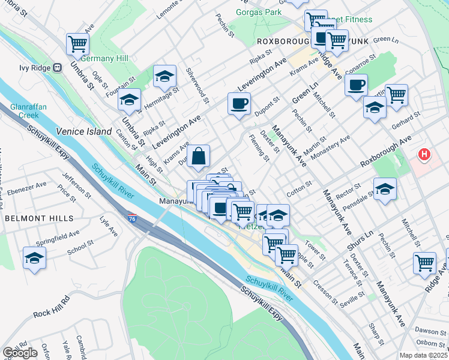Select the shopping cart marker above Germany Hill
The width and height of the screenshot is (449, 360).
(x=77, y=43)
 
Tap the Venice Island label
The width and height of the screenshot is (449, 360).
(x=84, y=131)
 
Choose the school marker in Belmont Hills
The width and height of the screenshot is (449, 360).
(x=35, y=258)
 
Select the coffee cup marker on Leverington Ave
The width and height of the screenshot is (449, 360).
(x=239, y=104)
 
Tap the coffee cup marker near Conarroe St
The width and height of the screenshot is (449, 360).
(x=357, y=85)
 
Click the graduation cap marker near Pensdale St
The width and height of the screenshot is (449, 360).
(x=385, y=189)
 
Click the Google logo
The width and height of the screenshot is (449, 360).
(x=20, y=353)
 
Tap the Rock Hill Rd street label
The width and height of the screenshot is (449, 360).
(x=52, y=305)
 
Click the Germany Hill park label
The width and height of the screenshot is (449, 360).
(x=104, y=58)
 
